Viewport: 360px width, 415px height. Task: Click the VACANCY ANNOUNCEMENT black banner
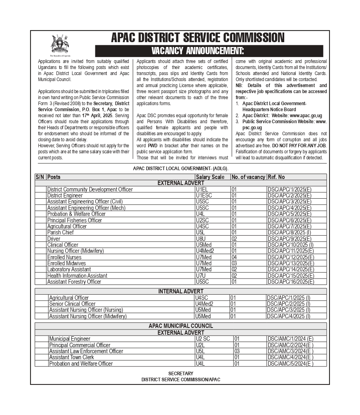[x=209, y=51]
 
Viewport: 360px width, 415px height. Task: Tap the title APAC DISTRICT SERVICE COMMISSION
[x=198, y=38]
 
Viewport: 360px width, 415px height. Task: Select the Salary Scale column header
[x=210, y=177]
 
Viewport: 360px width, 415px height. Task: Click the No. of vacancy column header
[x=248, y=177]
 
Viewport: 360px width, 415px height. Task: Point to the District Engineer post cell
[x=65, y=195]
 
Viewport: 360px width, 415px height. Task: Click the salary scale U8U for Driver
[x=201, y=239]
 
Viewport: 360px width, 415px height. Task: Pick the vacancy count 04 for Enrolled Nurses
[x=234, y=257]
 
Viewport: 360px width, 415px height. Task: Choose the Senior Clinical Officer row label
[x=72, y=304]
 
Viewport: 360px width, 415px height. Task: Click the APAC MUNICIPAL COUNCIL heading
[x=181, y=326]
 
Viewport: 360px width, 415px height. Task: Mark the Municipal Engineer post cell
[x=70, y=339]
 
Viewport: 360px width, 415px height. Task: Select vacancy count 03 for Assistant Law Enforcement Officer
[x=237, y=351]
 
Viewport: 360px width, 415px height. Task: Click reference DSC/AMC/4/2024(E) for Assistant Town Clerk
[x=291, y=357]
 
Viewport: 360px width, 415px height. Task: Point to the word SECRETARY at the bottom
[x=180, y=374]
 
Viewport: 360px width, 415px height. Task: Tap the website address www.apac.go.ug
[x=306, y=116]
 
